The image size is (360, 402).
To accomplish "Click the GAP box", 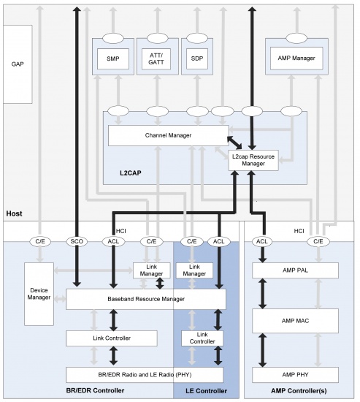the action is [x=18, y=64].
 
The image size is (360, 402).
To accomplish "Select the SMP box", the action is [x=113, y=58].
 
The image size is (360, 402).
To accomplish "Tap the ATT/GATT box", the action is [x=156, y=58].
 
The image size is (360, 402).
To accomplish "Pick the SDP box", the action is [x=196, y=58].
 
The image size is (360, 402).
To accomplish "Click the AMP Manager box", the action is [x=296, y=58].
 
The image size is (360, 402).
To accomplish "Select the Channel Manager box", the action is [x=169, y=135].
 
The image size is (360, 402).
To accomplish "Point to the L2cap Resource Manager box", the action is [x=253, y=160].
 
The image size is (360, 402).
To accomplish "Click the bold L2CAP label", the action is [x=131, y=172].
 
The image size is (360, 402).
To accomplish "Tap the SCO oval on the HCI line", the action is [x=77, y=241].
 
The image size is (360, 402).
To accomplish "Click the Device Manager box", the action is [x=39, y=294].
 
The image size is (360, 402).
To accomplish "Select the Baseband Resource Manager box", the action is [x=146, y=299].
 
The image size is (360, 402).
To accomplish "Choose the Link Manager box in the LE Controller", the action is [x=194, y=270].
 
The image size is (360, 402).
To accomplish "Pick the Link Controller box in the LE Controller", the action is [x=202, y=338].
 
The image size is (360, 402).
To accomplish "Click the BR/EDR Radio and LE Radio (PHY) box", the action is [x=145, y=374].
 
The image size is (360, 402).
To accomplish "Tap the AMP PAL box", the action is [x=295, y=270].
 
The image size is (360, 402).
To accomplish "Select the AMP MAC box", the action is [x=295, y=321].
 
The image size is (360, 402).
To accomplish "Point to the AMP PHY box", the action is [x=295, y=374].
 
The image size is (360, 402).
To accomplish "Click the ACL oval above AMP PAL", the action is [x=262, y=241].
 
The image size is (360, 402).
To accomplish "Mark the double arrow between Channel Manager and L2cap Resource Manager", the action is [x=234, y=143].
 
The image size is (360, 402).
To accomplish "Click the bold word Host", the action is [x=15, y=213].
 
